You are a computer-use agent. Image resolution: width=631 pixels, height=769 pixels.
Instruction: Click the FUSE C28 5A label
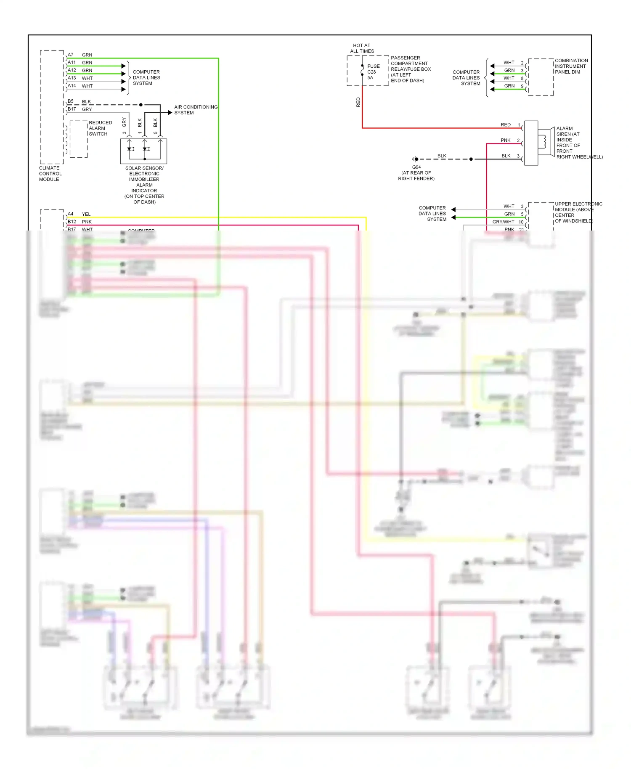pyautogui.click(x=373, y=72)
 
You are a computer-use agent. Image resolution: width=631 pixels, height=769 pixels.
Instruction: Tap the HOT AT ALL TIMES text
pyautogui.click(x=362, y=48)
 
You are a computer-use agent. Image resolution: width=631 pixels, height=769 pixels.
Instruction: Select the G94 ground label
pyautogui.click(x=416, y=167)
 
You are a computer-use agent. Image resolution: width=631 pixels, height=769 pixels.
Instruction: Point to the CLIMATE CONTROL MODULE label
pyautogui.click(x=50, y=174)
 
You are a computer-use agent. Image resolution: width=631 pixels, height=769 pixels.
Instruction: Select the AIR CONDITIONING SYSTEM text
pyautogui.click(x=196, y=110)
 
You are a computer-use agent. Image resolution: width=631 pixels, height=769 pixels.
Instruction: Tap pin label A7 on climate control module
pyautogui.click(x=71, y=55)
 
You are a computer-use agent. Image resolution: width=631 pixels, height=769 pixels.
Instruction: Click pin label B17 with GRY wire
pyautogui.click(x=72, y=109)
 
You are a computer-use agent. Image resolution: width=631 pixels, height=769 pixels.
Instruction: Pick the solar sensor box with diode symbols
pyautogui.click(x=143, y=151)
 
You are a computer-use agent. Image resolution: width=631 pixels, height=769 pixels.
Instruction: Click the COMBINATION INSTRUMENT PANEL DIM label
pyautogui.click(x=571, y=66)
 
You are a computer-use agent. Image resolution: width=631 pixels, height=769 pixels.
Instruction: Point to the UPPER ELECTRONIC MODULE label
pyautogui.click(x=578, y=212)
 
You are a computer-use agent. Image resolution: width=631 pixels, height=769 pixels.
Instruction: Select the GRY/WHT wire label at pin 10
pyautogui.click(x=503, y=222)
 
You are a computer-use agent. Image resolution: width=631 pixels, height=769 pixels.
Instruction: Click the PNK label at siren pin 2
pyautogui.click(x=505, y=140)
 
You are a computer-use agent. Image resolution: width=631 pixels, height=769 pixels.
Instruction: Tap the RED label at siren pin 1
pyautogui.click(x=505, y=125)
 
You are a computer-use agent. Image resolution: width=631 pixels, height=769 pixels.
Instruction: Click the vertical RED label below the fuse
pyautogui.click(x=358, y=102)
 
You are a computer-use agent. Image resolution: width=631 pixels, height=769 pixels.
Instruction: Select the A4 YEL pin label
pyautogui.click(x=71, y=214)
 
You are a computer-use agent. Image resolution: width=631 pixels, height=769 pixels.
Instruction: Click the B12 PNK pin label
pyautogui.click(x=72, y=222)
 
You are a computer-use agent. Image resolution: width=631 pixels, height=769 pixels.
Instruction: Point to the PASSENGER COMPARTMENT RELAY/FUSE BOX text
pyautogui.click(x=410, y=69)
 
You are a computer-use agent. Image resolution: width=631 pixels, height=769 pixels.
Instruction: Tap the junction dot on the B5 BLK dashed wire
pyautogui.click(x=141, y=105)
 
